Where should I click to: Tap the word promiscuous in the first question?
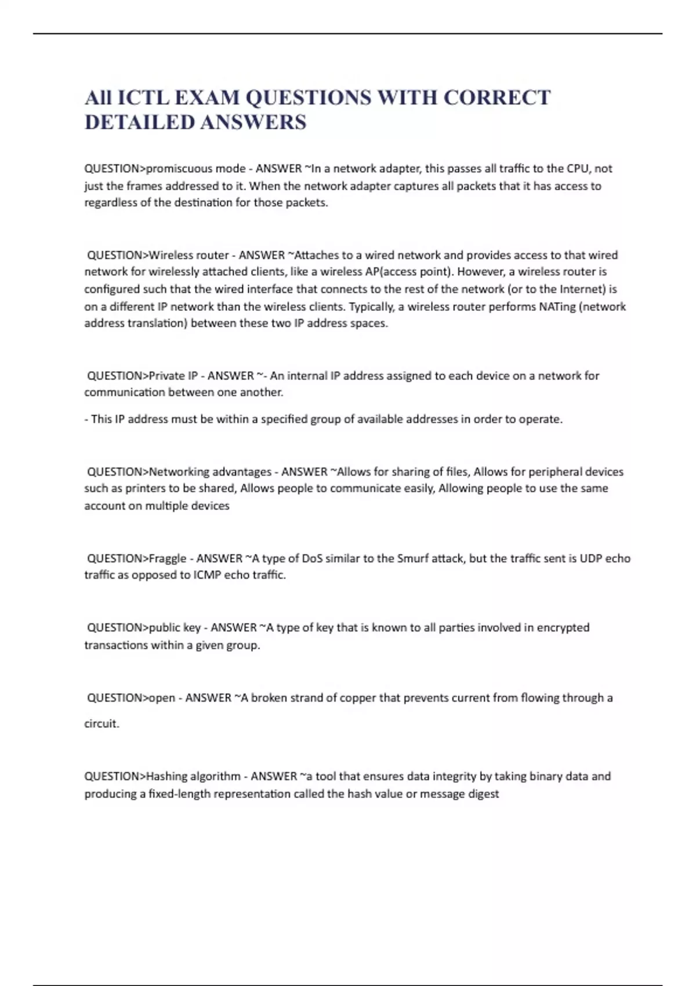(x=180, y=169)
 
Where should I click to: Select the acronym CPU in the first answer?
(x=577, y=169)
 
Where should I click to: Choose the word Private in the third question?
(x=166, y=376)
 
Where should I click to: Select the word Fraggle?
(x=168, y=559)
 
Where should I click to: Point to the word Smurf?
(x=412, y=559)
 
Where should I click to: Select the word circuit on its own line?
(x=101, y=724)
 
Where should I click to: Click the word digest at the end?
(x=484, y=793)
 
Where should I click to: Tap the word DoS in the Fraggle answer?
(x=312, y=559)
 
